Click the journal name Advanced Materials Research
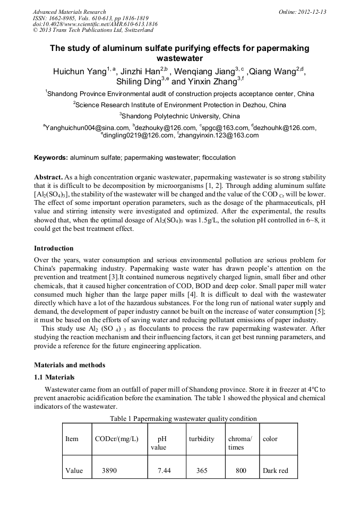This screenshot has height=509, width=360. (70, 12)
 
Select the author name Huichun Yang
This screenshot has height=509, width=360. (78, 72)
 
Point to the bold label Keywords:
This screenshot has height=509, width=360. (51, 158)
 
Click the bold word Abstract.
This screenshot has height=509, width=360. (48, 176)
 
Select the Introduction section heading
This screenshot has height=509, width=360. (54, 248)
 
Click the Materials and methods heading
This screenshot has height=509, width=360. (70, 365)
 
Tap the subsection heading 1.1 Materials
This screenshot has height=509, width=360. (54, 377)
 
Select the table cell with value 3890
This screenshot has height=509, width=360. (109, 470)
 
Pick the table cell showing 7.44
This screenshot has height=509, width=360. (164, 470)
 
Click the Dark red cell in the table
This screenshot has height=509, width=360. (275, 470)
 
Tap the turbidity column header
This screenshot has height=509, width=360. (202, 439)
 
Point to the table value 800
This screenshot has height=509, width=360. (241, 470)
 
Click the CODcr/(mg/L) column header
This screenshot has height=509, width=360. (116, 439)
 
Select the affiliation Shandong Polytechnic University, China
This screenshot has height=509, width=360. (179, 116)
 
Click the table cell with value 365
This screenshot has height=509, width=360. (202, 470)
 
